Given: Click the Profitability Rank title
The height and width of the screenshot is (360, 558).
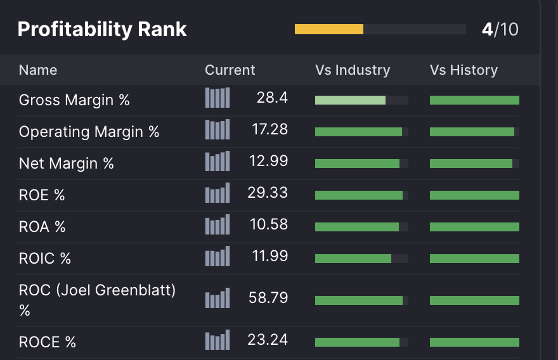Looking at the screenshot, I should pyautogui.click(x=102, y=29).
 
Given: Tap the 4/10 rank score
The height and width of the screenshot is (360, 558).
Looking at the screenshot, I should pyautogui.click(x=500, y=29).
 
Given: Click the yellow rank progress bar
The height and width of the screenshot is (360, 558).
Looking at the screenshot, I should pyautogui.click(x=329, y=29).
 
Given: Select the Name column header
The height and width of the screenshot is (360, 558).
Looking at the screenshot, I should pyautogui.click(x=38, y=70).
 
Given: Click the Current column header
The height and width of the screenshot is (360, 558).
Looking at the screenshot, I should pyautogui.click(x=230, y=70).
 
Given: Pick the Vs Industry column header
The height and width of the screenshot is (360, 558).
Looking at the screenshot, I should pyautogui.click(x=353, y=70).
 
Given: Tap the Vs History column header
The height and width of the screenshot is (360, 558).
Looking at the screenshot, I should pyautogui.click(x=464, y=70).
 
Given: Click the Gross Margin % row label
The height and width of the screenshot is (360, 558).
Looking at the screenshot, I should pyautogui.click(x=74, y=100).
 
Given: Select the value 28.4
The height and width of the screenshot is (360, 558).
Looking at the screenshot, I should pyautogui.click(x=272, y=98).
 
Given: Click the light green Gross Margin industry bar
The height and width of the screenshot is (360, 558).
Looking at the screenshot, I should pyautogui.click(x=350, y=100).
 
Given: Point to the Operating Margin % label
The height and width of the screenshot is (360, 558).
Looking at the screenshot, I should pyautogui.click(x=89, y=132).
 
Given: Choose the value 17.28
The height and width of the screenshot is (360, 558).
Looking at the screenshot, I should pyautogui.click(x=269, y=129).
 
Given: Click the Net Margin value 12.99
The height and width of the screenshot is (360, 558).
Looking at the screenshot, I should pyautogui.click(x=268, y=161).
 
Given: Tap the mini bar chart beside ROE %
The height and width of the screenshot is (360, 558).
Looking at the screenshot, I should pyautogui.click(x=217, y=193).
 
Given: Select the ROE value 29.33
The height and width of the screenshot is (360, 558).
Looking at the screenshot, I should pyautogui.click(x=268, y=193).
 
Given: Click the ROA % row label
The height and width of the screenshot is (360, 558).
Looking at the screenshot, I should pyautogui.click(x=42, y=227).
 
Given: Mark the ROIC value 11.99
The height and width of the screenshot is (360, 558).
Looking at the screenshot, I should pyautogui.click(x=269, y=256).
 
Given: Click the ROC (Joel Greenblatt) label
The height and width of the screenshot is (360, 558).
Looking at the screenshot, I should pyautogui.click(x=97, y=290).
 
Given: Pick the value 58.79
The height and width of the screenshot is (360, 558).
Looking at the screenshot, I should pyautogui.click(x=268, y=297).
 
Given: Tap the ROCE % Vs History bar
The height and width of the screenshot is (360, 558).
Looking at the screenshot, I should pyautogui.click(x=474, y=342).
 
